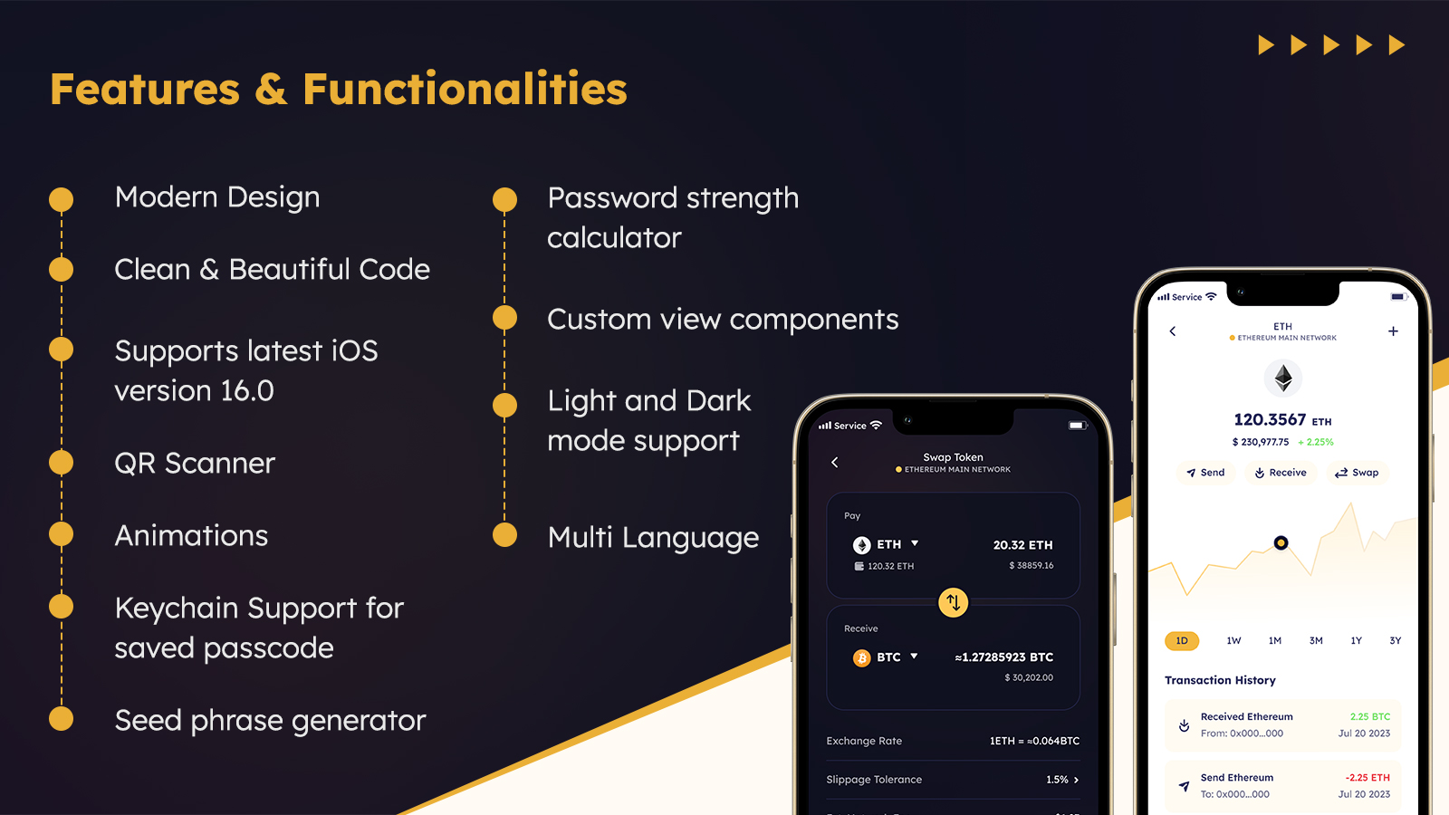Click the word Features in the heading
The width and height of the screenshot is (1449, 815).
(145, 89)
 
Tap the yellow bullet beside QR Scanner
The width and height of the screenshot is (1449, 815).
(61, 463)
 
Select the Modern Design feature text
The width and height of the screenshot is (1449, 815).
(217, 197)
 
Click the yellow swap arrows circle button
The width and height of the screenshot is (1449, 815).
(953, 602)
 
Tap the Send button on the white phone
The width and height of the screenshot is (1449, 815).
(1205, 473)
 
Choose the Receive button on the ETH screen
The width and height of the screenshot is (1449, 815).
(1280, 473)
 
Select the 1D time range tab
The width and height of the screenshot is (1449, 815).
(1182, 641)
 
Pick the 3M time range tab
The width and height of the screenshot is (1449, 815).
(1316, 641)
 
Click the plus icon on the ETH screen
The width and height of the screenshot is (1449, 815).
(1393, 331)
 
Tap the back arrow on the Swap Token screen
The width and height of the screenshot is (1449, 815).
(835, 463)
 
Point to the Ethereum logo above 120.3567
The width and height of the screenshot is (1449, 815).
(1282, 378)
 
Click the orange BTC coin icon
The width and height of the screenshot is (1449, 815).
(861, 657)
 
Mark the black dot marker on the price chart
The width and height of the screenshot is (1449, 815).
(1281, 543)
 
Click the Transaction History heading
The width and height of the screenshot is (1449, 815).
(1220, 680)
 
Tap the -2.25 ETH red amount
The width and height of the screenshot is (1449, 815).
(1367, 778)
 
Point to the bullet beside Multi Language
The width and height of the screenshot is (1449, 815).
(504, 535)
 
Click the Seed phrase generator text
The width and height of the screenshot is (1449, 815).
(270, 721)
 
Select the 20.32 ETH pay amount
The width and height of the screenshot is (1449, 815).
(1022, 545)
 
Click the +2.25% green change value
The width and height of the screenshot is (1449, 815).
(1316, 443)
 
